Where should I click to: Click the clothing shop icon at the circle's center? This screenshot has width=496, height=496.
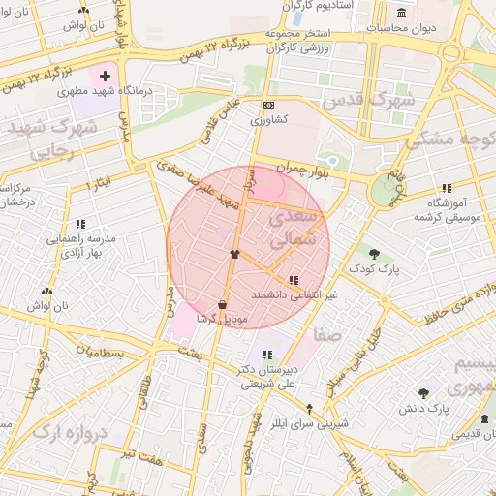click(234, 254)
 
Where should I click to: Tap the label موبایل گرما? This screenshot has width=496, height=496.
click(222, 318)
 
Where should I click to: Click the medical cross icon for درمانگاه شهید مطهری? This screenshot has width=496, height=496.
click(105, 75)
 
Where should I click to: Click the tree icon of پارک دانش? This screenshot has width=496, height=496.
click(423, 393)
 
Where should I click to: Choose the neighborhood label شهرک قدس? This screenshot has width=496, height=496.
click(368, 100)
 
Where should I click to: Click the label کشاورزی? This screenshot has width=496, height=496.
click(268, 121)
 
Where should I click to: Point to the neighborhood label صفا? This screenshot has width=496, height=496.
click(326, 334)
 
